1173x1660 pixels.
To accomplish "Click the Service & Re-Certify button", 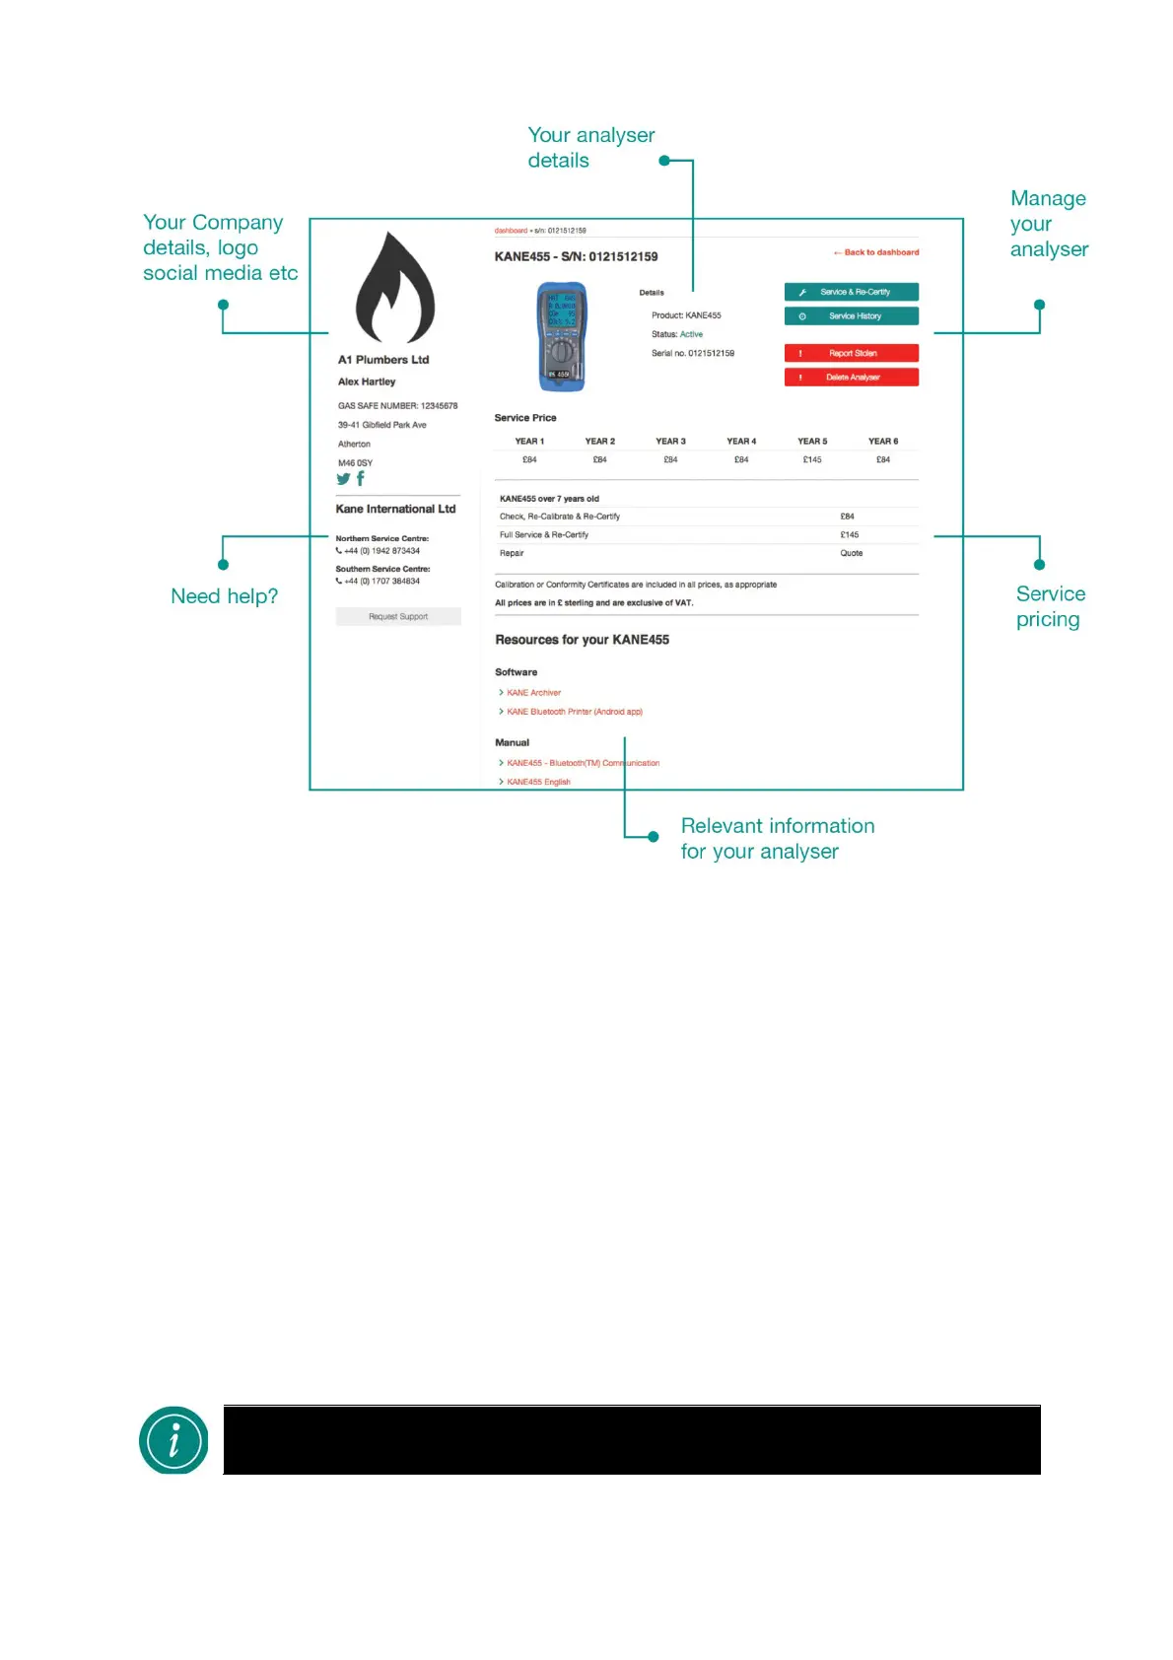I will click(x=851, y=292).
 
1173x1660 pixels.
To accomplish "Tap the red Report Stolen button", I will click(x=851, y=353).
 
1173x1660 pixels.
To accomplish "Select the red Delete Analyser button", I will click(x=851, y=377).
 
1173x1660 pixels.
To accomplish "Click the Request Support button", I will click(x=398, y=616).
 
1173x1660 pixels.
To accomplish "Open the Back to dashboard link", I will click(x=876, y=252).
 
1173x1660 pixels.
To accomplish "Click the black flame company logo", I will click(x=394, y=288).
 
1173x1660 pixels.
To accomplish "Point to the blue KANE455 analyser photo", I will click(x=562, y=336).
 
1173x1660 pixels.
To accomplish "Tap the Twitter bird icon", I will click(x=343, y=479).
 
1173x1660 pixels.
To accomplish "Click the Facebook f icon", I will click(x=361, y=478).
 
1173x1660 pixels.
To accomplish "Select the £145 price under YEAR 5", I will click(x=812, y=459).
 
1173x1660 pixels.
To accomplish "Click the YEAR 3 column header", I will click(x=670, y=442).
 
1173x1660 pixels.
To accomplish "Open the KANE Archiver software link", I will click(x=533, y=693).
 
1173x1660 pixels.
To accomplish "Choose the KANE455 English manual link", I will click(x=538, y=782).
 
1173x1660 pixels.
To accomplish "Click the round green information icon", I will click(x=173, y=1440).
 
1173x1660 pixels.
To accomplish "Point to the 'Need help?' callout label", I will click(x=224, y=596).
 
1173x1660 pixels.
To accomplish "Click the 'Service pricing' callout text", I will click(x=1050, y=606).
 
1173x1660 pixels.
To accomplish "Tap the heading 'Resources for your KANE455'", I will click(x=582, y=640).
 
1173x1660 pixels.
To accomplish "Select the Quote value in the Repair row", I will click(x=851, y=553).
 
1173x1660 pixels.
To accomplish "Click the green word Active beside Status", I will click(x=691, y=334).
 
